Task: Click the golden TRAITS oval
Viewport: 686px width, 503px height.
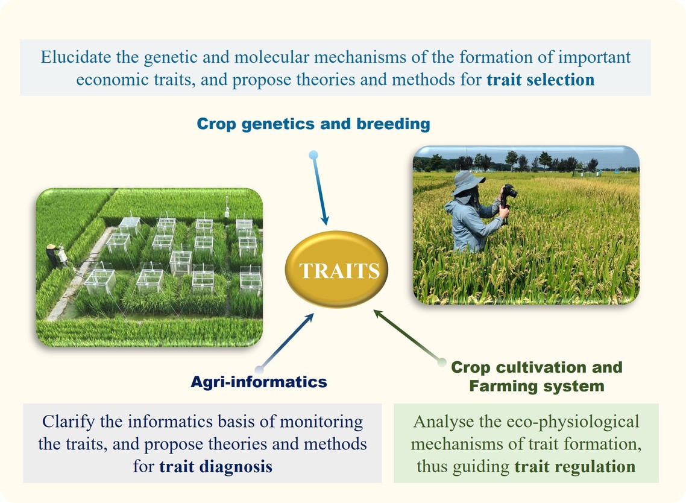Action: (x=336, y=269)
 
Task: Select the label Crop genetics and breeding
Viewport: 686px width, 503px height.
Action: (x=313, y=124)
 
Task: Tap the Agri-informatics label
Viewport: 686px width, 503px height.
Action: (x=259, y=382)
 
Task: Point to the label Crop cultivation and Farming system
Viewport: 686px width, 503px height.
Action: (x=537, y=376)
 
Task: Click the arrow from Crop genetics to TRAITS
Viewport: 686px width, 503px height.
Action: (x=319, y=189)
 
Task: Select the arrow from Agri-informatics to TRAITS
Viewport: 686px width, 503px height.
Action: (x=286, y=342)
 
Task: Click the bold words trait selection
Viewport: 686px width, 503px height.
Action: (x=540, y=80)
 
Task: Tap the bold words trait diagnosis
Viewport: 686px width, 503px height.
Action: (x=216, y=466)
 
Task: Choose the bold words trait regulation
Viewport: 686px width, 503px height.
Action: (x=575, y=466)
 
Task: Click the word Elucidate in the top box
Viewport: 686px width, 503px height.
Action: (x=76, y=57)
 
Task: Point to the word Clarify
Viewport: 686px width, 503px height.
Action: (x=68, y=422)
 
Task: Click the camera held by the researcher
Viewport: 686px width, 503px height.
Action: (x=508, y=192)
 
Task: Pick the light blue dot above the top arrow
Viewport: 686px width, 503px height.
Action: (x=313, y=155)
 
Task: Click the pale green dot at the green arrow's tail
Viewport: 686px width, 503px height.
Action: (x=442, y=362)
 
